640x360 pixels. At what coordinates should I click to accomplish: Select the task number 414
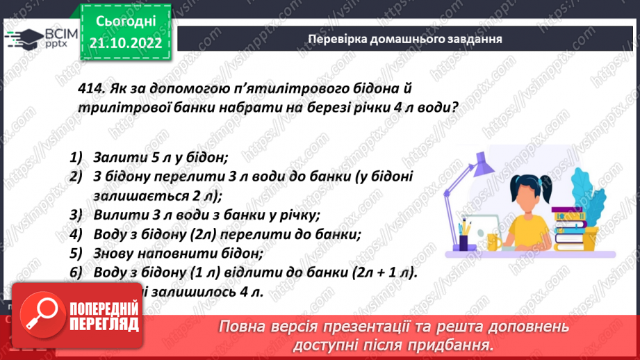tap(91, 89)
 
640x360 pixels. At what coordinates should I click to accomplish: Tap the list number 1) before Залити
tap(76, 157)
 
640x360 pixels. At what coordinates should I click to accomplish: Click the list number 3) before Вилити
tap(76, 214)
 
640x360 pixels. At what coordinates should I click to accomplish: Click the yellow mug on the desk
tap(494, 240)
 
